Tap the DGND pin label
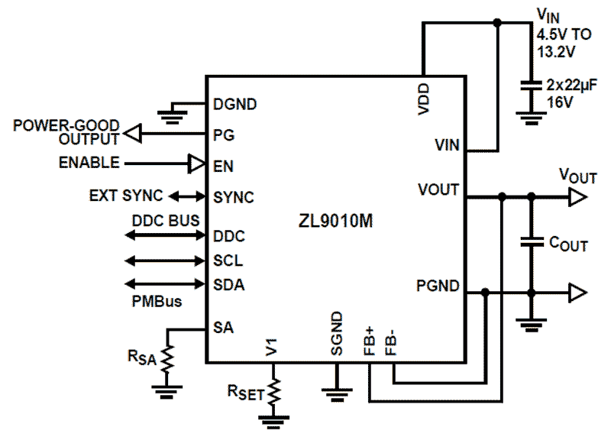235,104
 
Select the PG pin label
224,134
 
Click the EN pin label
224,164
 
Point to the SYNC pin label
234,197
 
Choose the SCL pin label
228,261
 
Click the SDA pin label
229,285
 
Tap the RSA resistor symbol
167,358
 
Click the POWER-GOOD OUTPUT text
67,131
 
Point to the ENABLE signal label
89,163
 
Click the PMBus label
157,301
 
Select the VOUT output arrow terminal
578,198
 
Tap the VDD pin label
424,99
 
